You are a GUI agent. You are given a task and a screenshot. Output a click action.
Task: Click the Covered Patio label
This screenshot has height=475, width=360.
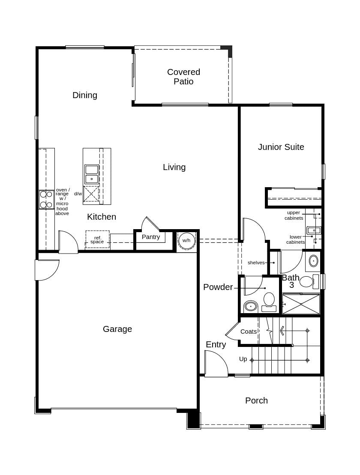pyautogui.click(x=183, y=77)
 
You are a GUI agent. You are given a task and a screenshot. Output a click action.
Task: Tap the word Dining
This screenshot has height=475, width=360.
pyautogui.click(x=85, y=95)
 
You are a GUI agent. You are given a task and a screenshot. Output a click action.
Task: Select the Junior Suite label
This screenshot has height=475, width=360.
pyautogui.click(x=281, y=147)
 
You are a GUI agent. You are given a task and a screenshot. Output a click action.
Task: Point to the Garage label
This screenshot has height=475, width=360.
pyautogui.click(x=117, y=329)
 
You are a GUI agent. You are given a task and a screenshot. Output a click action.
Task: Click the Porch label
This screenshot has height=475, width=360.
pyautogui.click(x=256, y=400)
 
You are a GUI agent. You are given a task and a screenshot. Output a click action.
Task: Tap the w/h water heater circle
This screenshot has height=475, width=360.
pyautogui.click(x=186, y=240)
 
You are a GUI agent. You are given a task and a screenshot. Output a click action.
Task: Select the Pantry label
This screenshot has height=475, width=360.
pyautogui.click(x=151, y=237)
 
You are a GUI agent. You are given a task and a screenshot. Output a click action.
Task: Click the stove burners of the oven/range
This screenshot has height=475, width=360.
pyautogui.click(x=46, y=200)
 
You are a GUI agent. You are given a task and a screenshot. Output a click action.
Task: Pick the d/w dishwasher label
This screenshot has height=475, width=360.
pyautogui.click(x=78, y=194)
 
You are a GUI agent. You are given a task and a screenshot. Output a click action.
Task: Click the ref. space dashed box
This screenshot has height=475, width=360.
pyautogui.click(x=97, y=239)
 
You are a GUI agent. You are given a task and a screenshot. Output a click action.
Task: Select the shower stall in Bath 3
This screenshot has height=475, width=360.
pyautogui.click(x=301, y=304)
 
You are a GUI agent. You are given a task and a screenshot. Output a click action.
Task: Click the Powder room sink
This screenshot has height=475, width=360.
pyautogui.click(x=251, y=306)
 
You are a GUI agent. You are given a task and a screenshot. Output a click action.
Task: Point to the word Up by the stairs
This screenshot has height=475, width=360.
pyautogui.click(x=243, y=359)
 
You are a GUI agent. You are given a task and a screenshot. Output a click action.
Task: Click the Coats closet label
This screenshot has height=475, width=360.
pyautogui.click(x=249, y=332)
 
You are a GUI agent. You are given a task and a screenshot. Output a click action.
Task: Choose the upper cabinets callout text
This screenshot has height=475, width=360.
pyautogui.click(x=294, y=215)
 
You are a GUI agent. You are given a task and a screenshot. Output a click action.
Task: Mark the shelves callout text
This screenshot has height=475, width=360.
pyautogui.click(x=256, y=263)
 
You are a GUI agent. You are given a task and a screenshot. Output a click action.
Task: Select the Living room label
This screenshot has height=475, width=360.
pyautogui.click(x=174, y=167)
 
